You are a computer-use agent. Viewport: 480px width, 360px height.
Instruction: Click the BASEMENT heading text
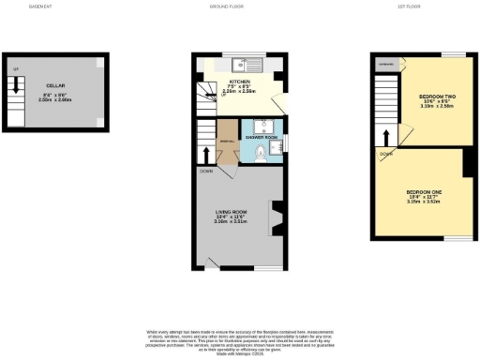(x=40, y=7)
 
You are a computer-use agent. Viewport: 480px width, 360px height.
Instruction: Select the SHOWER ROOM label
(x=262, y=137)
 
